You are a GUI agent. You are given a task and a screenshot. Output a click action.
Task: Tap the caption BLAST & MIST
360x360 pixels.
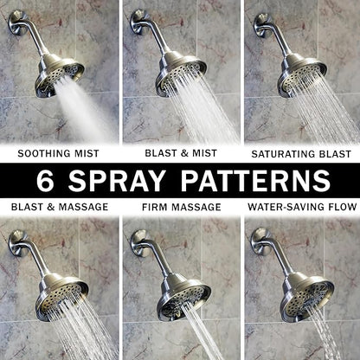coord(181,153)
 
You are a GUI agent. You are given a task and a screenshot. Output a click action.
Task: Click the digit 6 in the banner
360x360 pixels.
coord(45,181)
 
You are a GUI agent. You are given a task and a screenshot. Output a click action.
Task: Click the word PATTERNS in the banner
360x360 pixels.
coord(255,181)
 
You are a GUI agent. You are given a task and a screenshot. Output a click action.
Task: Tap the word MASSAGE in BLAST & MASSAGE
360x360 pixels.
coord(83,207)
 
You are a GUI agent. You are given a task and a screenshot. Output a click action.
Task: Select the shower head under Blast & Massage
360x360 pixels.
coord(61,296)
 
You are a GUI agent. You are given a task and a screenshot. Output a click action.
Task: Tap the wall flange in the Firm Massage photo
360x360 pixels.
coord(140,243)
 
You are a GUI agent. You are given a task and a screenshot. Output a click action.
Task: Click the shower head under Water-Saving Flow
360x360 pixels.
coord(306,295)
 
